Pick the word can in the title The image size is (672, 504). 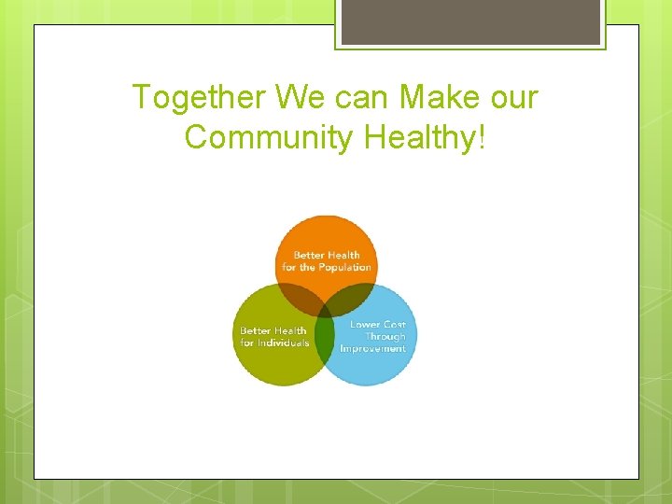point(362,97)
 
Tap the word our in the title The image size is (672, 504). point(514,97)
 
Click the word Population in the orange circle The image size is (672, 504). point(344,268)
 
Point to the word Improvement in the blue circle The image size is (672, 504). point(373,349)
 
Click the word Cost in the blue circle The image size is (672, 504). point(394,325)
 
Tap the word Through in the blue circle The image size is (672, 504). point(385,337)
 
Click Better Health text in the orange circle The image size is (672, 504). point(327,256)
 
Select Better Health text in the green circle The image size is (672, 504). point(273,330)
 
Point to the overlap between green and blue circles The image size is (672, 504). point(325,338)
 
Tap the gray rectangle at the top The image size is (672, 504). point(469,21)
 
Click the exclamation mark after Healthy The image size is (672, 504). point(482,137)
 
